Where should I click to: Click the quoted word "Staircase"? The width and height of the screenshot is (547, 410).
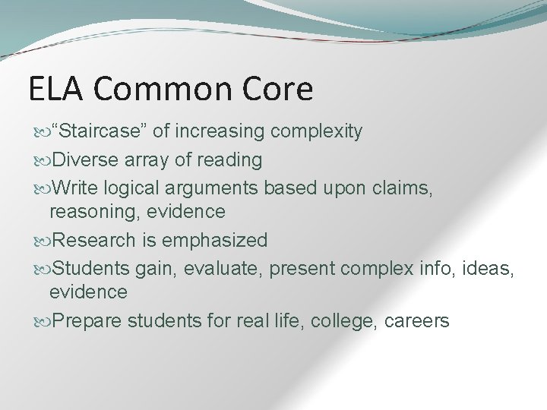point(98,132)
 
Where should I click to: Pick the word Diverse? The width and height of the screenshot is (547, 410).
point(82,159)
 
